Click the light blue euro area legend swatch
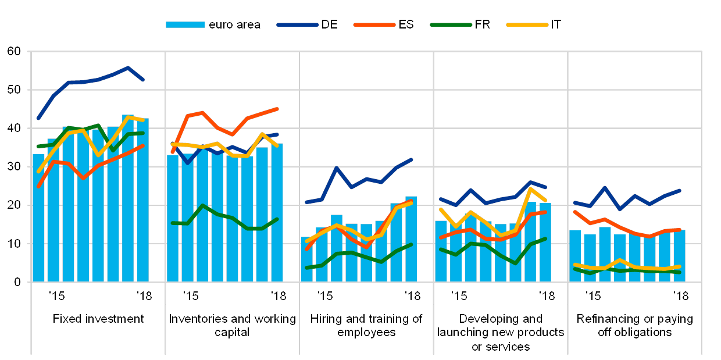(x=185, y=24)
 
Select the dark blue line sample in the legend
(x=298, y=24)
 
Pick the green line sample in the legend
(x=451, y=24)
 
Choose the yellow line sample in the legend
(x=527, y=24)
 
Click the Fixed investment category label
(x=98, y=319)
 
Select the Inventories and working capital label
(x=233, y=326)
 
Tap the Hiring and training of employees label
(x=366, y=326)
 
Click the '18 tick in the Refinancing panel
(x=680, y=295)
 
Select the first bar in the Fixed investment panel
(x=38, y=218)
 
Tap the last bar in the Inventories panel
(x=277, y=213)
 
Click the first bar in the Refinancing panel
(x=574, y=256)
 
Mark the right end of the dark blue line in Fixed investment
(x=143, y=80)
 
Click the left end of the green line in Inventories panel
(x=173, y=223)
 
